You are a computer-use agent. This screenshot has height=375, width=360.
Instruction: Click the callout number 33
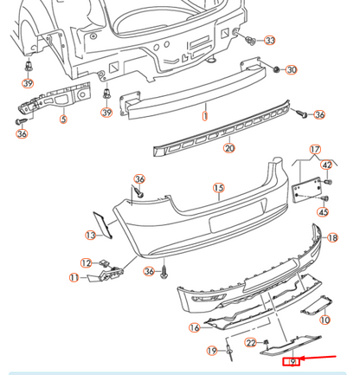tap(270, 41)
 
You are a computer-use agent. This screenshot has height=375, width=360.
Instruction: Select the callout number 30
tap(291, 69)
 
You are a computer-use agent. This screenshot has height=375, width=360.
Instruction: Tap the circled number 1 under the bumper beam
tap(205, 114)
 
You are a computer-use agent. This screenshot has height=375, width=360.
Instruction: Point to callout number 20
tap(228, 148)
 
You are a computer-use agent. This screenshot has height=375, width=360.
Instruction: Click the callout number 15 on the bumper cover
tap(219, 188)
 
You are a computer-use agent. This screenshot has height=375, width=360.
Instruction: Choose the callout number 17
tap(315, 149)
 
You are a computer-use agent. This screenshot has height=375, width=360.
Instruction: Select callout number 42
tap(326, 165)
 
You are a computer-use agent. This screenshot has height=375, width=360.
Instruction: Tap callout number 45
tap(323, 210)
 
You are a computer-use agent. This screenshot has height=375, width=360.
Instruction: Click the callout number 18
tap(331, 237)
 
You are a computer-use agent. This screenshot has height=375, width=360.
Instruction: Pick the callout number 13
tap(90, 235)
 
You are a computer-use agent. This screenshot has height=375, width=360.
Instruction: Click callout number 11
tap(74, 277)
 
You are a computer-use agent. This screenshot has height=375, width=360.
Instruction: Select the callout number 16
tap(195, 327)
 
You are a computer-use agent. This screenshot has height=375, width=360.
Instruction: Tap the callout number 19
tap(212, 351)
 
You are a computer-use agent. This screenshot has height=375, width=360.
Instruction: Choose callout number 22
tap(251, 343)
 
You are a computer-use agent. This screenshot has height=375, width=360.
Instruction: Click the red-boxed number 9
tap(294, 361)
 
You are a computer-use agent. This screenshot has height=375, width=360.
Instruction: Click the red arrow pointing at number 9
tap(325, 357)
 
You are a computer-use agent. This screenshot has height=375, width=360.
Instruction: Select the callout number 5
tap(62, 120)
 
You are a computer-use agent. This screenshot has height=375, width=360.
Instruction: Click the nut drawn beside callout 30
tap(275, 68)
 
